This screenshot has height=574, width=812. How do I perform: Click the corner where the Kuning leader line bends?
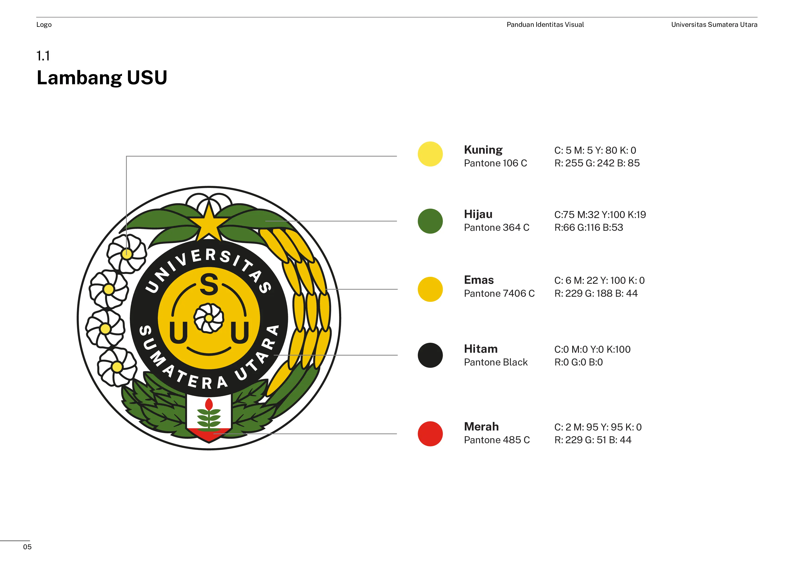tap(127, 156)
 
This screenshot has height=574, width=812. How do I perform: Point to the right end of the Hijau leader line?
tap(397, 221)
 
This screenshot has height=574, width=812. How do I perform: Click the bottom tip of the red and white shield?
tap(209, 443)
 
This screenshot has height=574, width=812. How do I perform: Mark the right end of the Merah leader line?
tap(397, 434)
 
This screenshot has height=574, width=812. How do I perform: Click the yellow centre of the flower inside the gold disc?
tap(209, 318)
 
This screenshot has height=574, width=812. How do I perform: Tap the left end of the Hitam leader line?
tap(274, 355)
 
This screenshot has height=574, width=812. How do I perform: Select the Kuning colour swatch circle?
tap(430, 154)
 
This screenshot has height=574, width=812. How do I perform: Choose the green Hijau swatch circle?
tap(430, 221)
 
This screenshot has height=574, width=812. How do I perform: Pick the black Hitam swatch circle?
tap(430, 355)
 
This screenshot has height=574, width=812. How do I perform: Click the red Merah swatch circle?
tap(430, 434)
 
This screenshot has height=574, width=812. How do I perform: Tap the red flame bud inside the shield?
tap(209, 404)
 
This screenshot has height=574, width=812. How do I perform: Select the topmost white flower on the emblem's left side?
tap(127, 254)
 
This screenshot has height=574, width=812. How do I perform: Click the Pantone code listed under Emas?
tap(499, 293)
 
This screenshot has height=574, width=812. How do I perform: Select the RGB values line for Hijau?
tap(588, 228)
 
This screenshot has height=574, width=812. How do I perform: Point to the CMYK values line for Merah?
tap(598, 427)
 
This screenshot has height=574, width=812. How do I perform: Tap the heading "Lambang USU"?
tap(102, 78)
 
